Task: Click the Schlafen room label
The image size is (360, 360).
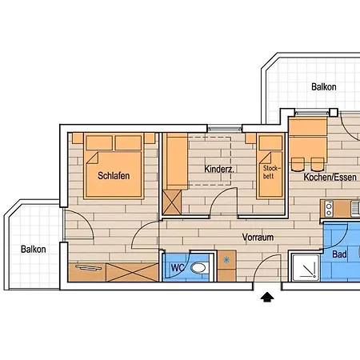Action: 114,175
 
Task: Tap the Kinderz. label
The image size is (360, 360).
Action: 218,170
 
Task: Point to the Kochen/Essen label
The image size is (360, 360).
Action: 330,177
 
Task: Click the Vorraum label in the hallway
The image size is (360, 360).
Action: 258,237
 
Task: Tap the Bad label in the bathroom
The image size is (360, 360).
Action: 338,254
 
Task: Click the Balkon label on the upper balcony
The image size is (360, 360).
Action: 324,87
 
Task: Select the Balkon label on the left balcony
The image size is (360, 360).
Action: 34,249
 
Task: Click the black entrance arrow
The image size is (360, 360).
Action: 267,297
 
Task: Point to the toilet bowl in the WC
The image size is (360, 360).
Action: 203,267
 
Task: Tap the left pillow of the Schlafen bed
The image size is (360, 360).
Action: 100,143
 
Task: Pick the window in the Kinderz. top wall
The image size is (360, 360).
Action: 225,128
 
